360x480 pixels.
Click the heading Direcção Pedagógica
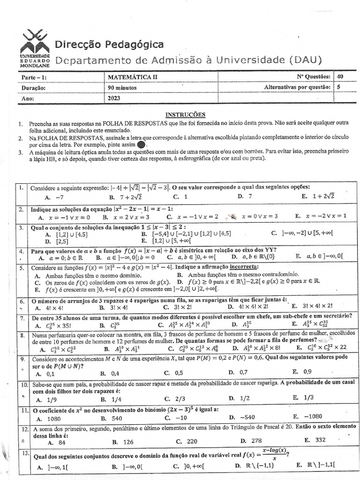[110, 45]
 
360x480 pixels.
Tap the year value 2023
[114, 98]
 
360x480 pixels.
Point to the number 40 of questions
[340, 77]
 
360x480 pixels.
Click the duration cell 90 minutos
[123, 88]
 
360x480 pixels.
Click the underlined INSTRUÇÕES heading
[185, 114]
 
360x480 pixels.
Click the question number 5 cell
[22, 268]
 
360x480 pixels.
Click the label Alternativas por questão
[297, 87]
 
